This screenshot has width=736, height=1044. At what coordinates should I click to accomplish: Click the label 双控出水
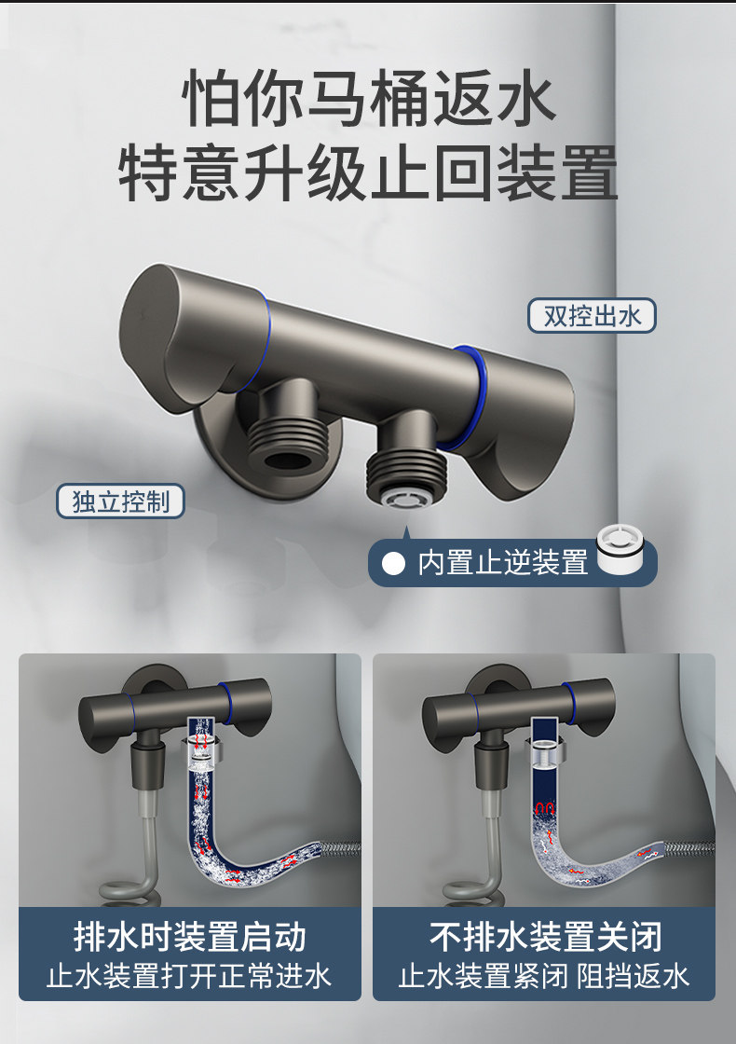(x=592, y=316)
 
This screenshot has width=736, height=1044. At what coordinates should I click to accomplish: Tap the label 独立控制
(x=120, y=501)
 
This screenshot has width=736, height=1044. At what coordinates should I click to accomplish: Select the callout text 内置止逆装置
(x=503, y=563)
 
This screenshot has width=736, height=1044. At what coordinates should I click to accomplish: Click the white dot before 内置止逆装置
(x=393, y=563)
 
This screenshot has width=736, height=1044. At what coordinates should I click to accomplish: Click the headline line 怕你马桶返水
(x=369, y=99)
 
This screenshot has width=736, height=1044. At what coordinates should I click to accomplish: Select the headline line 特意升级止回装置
(x=368, y=173)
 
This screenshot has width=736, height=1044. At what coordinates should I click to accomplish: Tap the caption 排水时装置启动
(x=190, y=937)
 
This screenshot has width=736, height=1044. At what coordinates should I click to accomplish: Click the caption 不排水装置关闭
(x=546, y=937)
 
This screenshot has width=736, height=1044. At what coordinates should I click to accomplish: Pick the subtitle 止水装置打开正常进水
(x=190, y=976)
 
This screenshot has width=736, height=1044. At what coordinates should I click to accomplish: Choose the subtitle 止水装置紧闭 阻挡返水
(x=544, y=976)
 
